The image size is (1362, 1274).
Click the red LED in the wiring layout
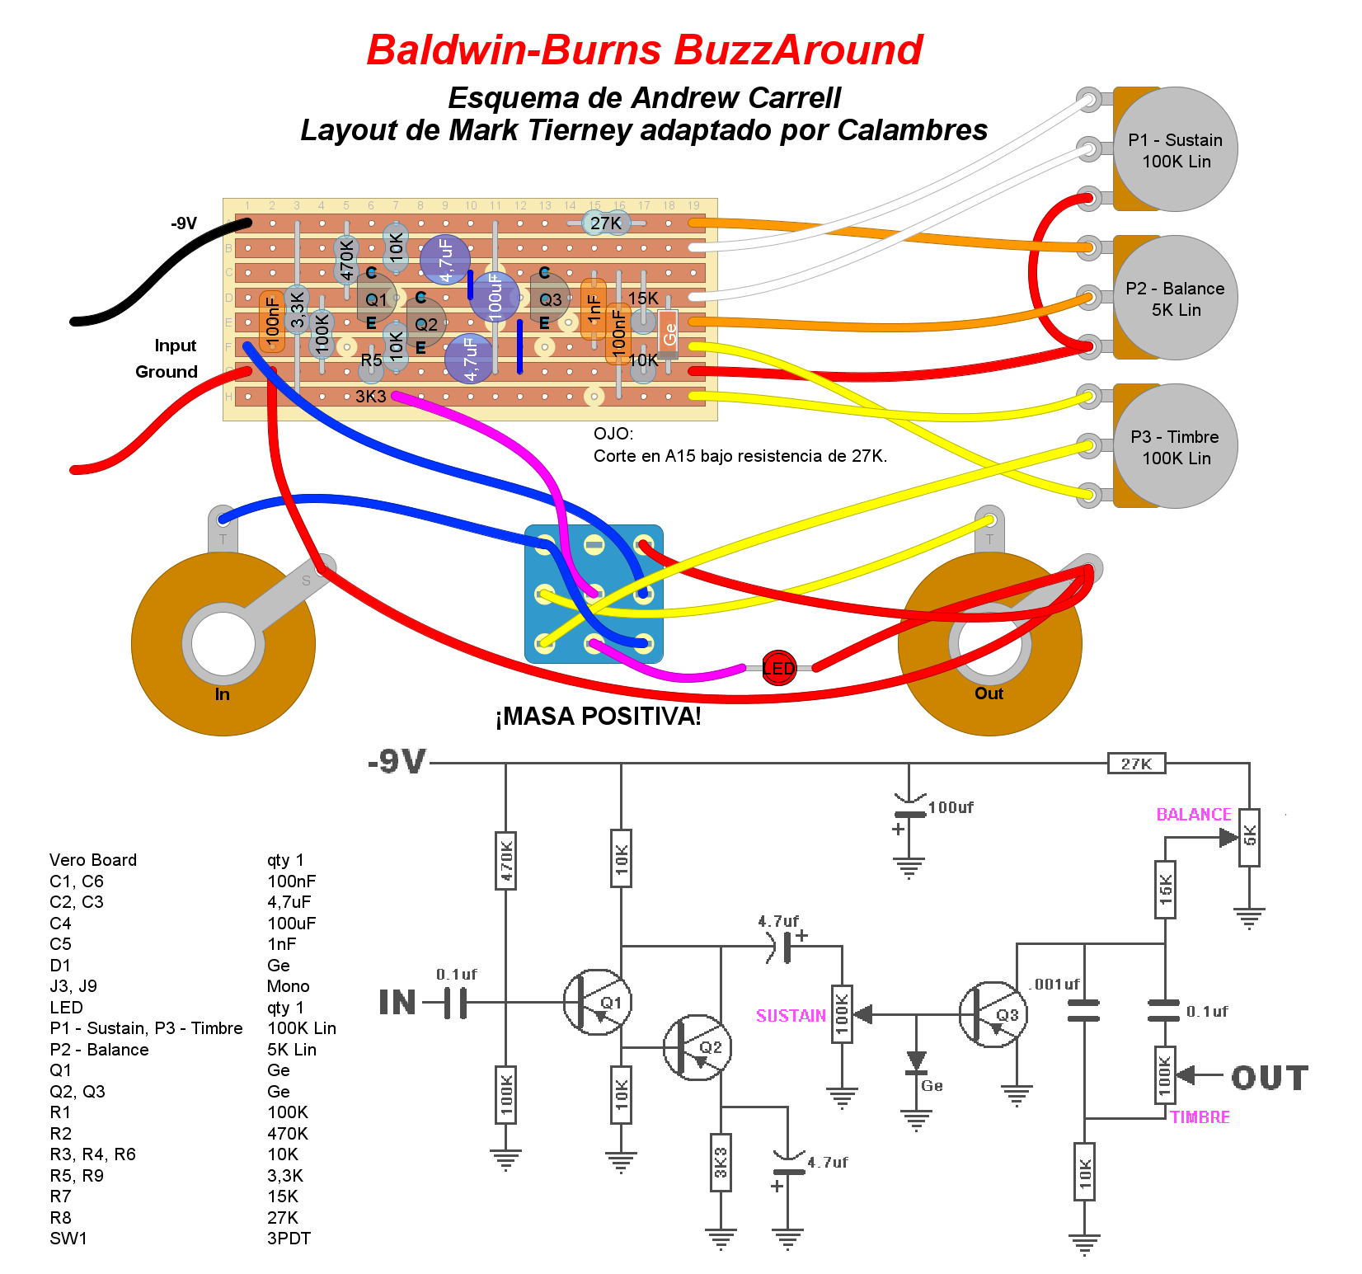(778, 668)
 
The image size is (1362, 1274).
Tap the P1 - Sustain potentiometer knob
(1175, 149)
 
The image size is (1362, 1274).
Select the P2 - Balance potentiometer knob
(1175, 298)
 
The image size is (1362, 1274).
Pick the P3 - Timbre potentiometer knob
(1175, 446)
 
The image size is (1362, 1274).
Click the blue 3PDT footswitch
(594, 594)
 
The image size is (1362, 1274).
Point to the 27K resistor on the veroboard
(606, 223)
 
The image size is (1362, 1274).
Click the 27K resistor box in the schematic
(1136, 764)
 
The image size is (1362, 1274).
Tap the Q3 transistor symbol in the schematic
(993, 1014)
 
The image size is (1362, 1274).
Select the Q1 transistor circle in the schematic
(597, 1002)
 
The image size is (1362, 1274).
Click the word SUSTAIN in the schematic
(791, 1016)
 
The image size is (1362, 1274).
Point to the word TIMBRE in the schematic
(1200, 1117)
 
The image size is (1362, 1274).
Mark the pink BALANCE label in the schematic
(1193, 815)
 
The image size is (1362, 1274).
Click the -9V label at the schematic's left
(397, 762)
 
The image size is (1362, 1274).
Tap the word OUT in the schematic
(1270, 1078)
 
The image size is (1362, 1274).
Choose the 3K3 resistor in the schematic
(721, 1163)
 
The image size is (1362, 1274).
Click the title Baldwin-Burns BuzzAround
(645, 50)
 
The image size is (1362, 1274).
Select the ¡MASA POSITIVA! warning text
(598, 717)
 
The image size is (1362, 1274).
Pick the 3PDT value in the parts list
(289, 1239)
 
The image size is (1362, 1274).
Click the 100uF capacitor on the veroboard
(495, 297)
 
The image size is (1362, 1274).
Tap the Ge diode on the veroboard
(668, 333)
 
